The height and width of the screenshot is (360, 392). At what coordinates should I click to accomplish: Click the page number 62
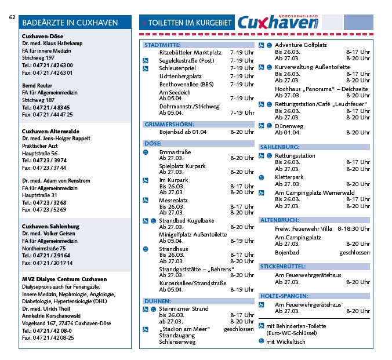(12, 17)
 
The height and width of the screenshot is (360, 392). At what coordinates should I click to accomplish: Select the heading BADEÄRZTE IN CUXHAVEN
(70, 23)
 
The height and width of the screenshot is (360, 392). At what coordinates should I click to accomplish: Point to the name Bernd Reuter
(38, 85)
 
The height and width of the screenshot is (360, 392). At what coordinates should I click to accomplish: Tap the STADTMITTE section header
(162, 45)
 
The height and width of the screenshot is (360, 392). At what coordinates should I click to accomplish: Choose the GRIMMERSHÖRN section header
(168, 124)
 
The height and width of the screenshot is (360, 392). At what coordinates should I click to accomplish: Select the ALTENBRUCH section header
(280, 220)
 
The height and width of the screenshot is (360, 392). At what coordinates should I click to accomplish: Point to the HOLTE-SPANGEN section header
(284, 296)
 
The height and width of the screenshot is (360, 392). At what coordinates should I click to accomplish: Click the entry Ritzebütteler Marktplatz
(190, 53)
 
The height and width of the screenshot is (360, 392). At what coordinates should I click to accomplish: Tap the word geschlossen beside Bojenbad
(354, 253)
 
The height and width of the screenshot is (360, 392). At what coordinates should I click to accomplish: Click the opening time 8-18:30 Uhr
(353, 229)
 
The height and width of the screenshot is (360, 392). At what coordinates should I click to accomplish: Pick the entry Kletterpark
(291, 177)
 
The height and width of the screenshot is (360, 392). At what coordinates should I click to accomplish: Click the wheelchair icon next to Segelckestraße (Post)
(146, 61)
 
